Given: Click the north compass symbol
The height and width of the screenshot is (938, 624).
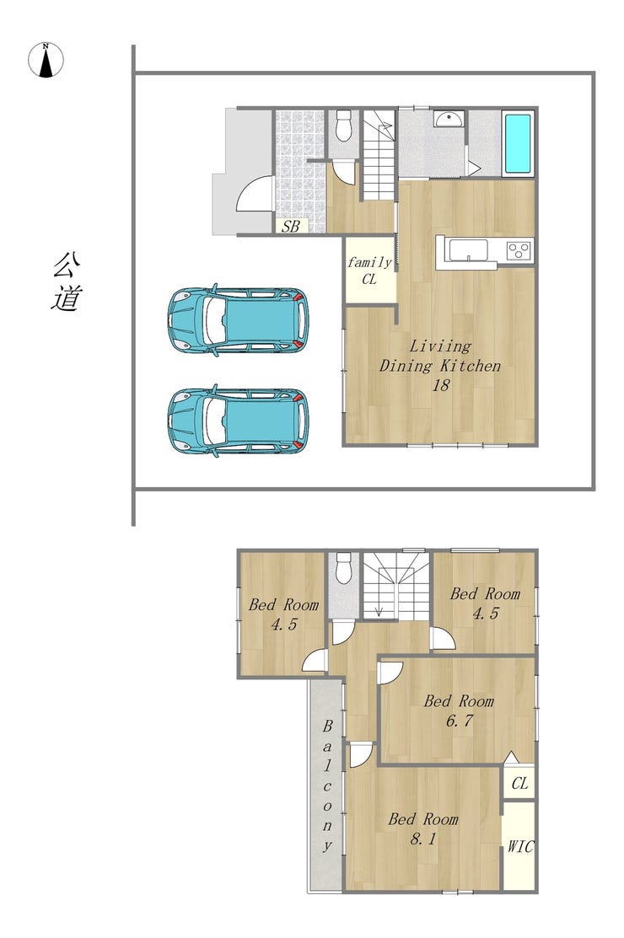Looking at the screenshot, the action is (46, 60).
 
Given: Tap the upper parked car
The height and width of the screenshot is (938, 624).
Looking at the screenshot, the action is (238, 320).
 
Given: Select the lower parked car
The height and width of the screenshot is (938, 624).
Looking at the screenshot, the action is (238, 421).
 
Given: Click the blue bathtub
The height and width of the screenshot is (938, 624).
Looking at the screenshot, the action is (518, 143).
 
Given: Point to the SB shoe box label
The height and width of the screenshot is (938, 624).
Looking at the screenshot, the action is (291, 227).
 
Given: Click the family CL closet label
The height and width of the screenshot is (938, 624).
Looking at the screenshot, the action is (369, 271).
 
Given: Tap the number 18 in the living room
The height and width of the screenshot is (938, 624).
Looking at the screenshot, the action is (440, 385).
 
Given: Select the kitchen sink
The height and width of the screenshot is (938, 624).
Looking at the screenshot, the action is (469, 249).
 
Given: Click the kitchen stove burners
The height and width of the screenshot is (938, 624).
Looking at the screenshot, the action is (519, 249).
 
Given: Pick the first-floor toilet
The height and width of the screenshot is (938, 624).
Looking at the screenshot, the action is (343, 125).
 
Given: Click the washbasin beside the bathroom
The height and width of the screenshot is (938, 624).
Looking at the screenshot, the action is (449, 119).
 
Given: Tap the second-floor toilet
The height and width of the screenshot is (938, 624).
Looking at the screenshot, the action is (343, 568).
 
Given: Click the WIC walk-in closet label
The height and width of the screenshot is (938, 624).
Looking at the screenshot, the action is (520, 846).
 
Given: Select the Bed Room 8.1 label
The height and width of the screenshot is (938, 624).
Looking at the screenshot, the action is (423, 828).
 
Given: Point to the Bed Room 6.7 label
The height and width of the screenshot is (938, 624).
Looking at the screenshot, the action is (459, 710).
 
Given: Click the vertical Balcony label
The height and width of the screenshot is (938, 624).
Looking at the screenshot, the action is (327, 786).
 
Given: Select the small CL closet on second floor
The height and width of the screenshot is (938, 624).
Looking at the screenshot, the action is (519, 782).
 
